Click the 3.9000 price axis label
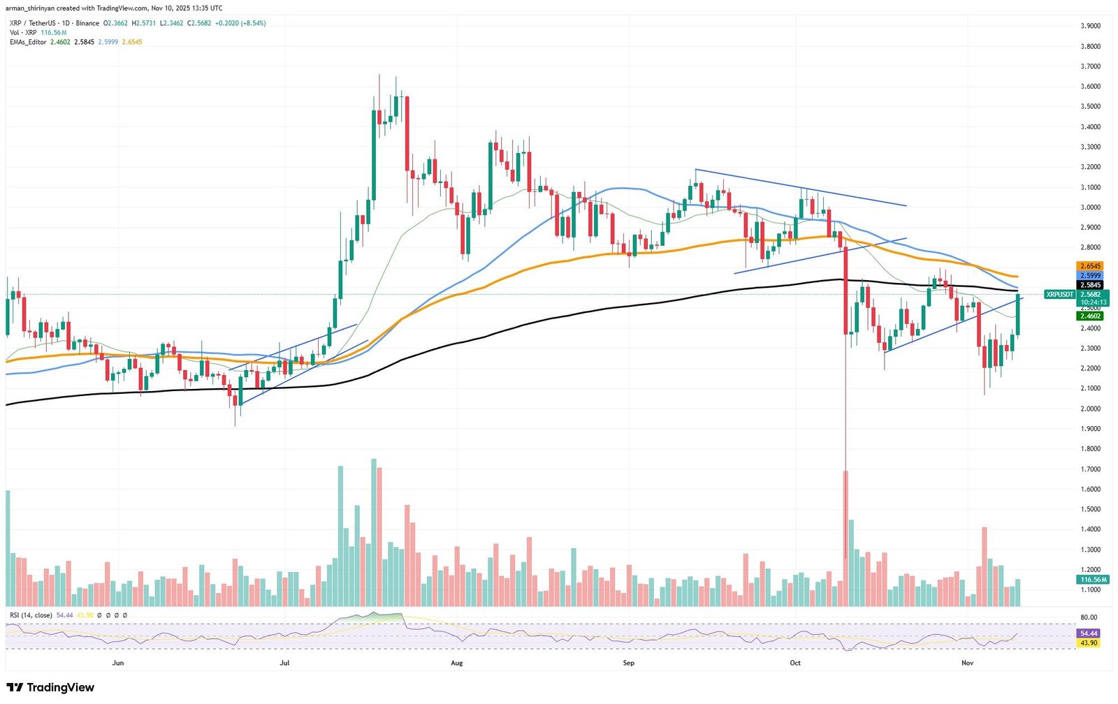coord(1091,26)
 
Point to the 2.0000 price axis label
coord(1091,409)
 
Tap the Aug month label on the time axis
coord(457,663)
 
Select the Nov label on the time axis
coord(967,663)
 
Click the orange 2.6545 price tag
coord(1090,266)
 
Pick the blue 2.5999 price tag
coord(1090,276)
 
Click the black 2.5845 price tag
coord(1090,285)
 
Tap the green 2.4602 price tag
coord(1090,316)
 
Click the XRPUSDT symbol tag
coord(1059,295)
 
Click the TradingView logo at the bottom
coord(50,688)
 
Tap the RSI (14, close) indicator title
coord(31,615)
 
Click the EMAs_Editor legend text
coord(28,42)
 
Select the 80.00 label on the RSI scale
coord(1088,617)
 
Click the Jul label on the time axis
coord(284,663)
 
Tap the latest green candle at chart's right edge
coord(1018,316)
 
